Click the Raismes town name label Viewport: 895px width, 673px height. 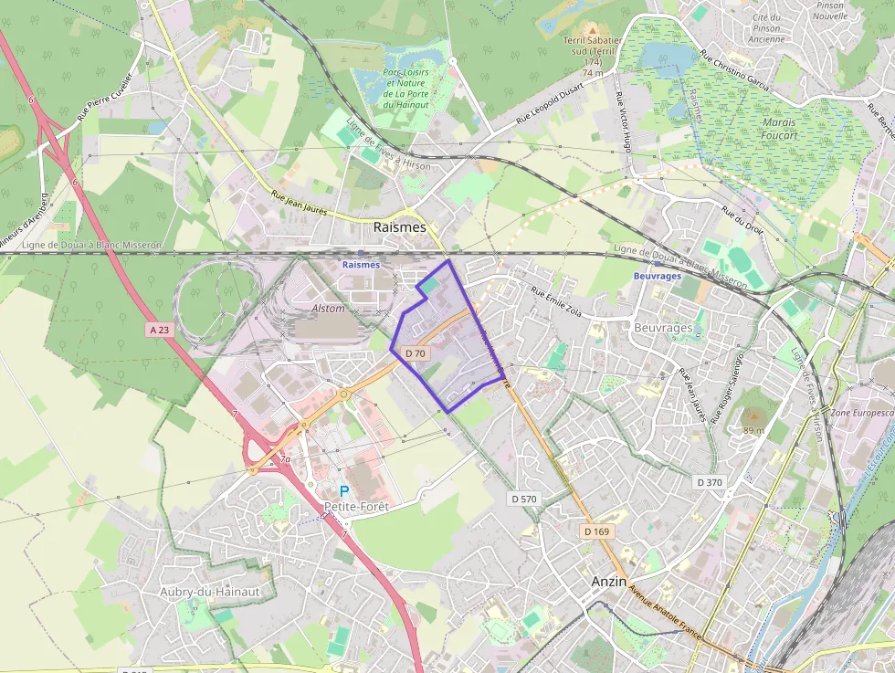pos(400,226)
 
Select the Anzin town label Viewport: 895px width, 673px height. pos(608,581)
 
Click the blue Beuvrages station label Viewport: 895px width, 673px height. pos(658,275)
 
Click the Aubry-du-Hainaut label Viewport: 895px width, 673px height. pos(210,592)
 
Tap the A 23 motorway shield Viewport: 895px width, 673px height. pos(158,329)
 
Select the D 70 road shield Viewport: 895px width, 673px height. pos(416,352)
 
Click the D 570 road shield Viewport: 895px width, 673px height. pos(524,499)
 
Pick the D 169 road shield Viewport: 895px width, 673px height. pos(596,531)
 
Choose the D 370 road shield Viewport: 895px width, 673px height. pos(709,481)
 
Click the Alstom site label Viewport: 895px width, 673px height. pos(329,309)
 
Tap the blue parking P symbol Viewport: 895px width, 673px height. pos(344,490)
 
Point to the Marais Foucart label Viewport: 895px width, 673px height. pos(777,129)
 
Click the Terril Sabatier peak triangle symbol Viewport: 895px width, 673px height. pos(592,30)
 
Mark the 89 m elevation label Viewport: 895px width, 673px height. pos(753,430)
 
